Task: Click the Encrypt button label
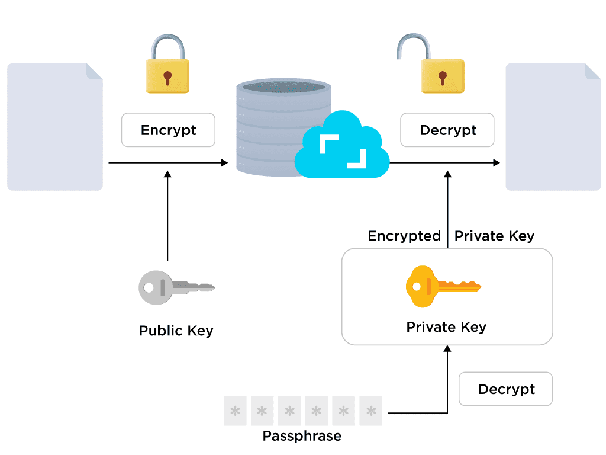point(168,130)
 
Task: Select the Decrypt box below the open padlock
point(447,130)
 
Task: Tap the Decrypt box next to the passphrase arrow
point(505,389)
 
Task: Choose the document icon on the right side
point(553,127)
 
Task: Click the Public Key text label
point(176,331)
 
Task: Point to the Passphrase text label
point(302,437)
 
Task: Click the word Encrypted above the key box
point(404,236)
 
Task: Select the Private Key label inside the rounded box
point(446,327)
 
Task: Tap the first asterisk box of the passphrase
point(235,411)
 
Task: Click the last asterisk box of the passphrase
point(371,411)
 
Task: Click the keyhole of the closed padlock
point(167,77)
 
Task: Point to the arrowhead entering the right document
point(496,162)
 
